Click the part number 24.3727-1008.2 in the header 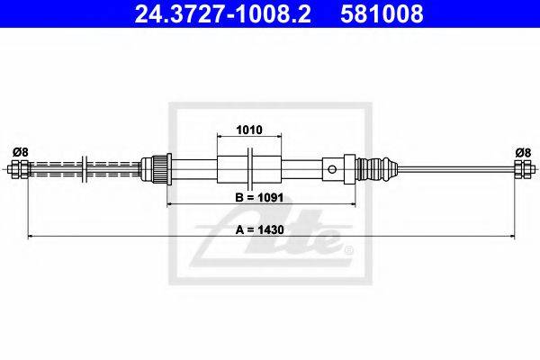click(x=222, y=14)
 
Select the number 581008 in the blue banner click(x=382, y=14)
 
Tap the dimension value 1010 click(x=249, y=130)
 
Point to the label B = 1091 click(x=259, y=197)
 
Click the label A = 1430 click(x=259, y=229)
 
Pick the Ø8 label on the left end click(x=21, y=152)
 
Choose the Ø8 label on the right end click(x=523, y=152)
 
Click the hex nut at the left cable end click(x=20, y=169)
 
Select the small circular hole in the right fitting click(x=332, y=169)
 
